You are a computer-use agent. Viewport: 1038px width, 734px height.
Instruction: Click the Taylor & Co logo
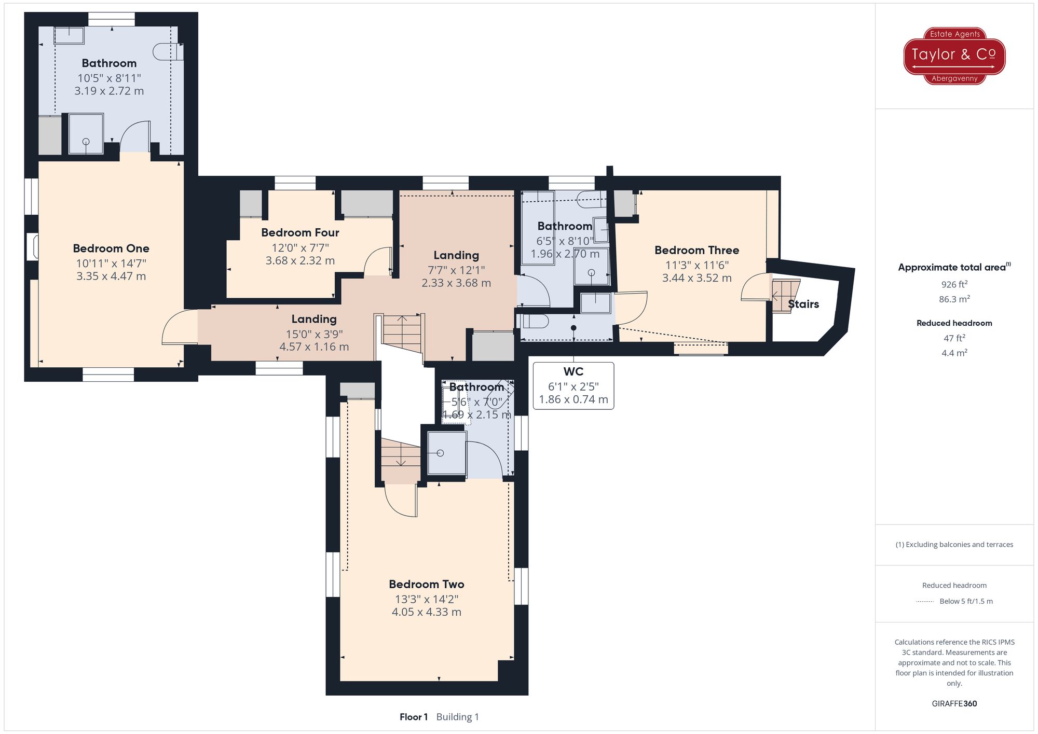point(954,56)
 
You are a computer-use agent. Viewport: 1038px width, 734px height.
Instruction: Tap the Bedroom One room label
point(111,248)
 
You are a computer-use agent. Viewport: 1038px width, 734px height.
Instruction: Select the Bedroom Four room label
point(300,232)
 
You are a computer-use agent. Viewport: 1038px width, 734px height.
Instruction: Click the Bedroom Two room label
point(426,584)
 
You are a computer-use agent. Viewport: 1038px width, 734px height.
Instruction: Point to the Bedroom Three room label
point(696,250)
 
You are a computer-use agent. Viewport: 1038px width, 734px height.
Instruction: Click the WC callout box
point(573,385)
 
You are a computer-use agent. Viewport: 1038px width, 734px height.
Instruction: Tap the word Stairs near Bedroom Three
point(803,304)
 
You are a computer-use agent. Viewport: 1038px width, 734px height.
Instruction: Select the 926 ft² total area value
point(954,284)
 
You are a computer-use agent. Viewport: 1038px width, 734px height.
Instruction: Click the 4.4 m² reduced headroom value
point(954,353)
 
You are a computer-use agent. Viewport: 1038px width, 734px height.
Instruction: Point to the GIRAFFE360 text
point(954,703)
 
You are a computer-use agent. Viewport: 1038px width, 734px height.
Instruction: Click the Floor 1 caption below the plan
point(414,717)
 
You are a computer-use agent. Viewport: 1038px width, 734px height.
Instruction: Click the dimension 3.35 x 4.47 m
point(111,276)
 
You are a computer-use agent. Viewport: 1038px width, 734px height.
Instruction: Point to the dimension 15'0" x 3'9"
point(314,334)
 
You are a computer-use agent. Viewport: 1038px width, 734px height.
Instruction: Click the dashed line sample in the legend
point(925,602)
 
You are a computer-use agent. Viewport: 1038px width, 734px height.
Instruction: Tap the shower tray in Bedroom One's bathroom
point(86,134)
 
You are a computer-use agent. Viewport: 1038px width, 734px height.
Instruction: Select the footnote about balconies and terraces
point(954,545)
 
